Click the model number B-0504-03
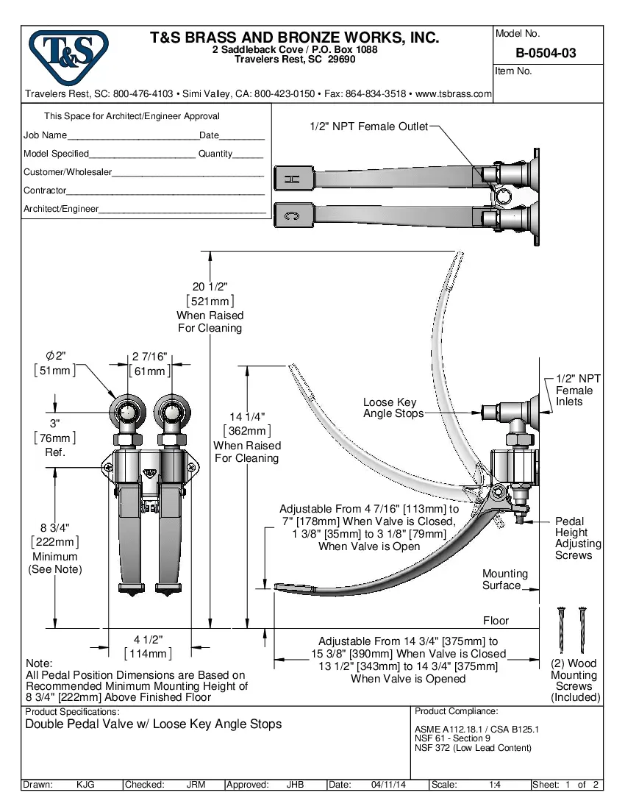click(x=546, y=53)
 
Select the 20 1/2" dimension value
click(x=210, y=287)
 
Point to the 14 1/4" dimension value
click(x=247, y=416)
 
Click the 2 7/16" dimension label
click(x=150, y=357)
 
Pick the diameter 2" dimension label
click(x=55, y=356)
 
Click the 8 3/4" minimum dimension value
click(x=55, y=528)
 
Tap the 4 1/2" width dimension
click(x=148, y=639)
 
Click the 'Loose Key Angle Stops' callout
click(x=393, y=408)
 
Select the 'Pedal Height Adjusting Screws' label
click(x=577, y=538)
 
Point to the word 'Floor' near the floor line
click(x=496, y=621)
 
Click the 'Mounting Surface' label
click(x=504, y=580)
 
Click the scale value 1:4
click(x=495, y=785)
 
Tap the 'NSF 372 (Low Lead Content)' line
click(x=472, y=748)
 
